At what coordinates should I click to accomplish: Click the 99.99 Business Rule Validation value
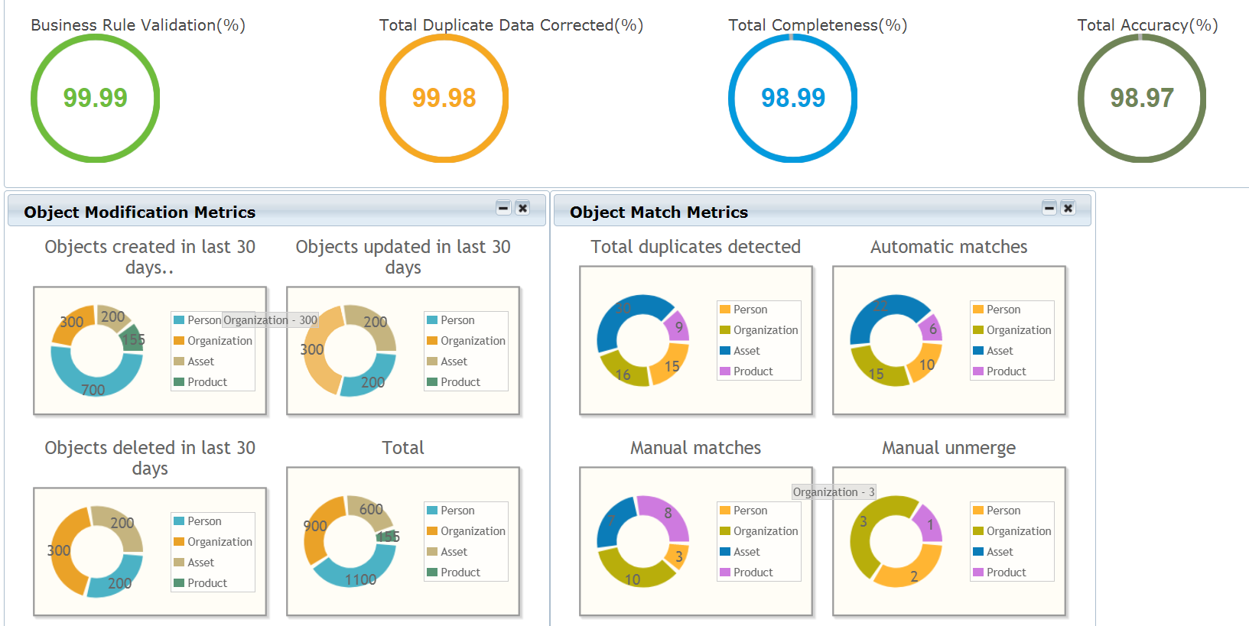click(95, 98)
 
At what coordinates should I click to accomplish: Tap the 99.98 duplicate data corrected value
click(444, 98)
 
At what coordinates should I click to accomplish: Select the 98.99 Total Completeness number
click(793, 98)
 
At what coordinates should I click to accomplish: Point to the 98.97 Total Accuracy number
click(1142, 98)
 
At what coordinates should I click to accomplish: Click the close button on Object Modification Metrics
click(522, 208)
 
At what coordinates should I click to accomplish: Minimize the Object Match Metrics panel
click(1049, 208)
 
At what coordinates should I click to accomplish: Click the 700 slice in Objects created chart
click(93, 381)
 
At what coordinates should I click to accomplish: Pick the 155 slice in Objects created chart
click(133, 339)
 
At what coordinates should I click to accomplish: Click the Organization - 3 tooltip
click(833, 492)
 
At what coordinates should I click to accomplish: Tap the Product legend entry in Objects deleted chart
click(207, 583)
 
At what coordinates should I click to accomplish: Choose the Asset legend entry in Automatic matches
click(999, 351)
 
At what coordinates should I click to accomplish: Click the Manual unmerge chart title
click(948, 448)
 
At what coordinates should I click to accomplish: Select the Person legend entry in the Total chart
click(457, 511)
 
